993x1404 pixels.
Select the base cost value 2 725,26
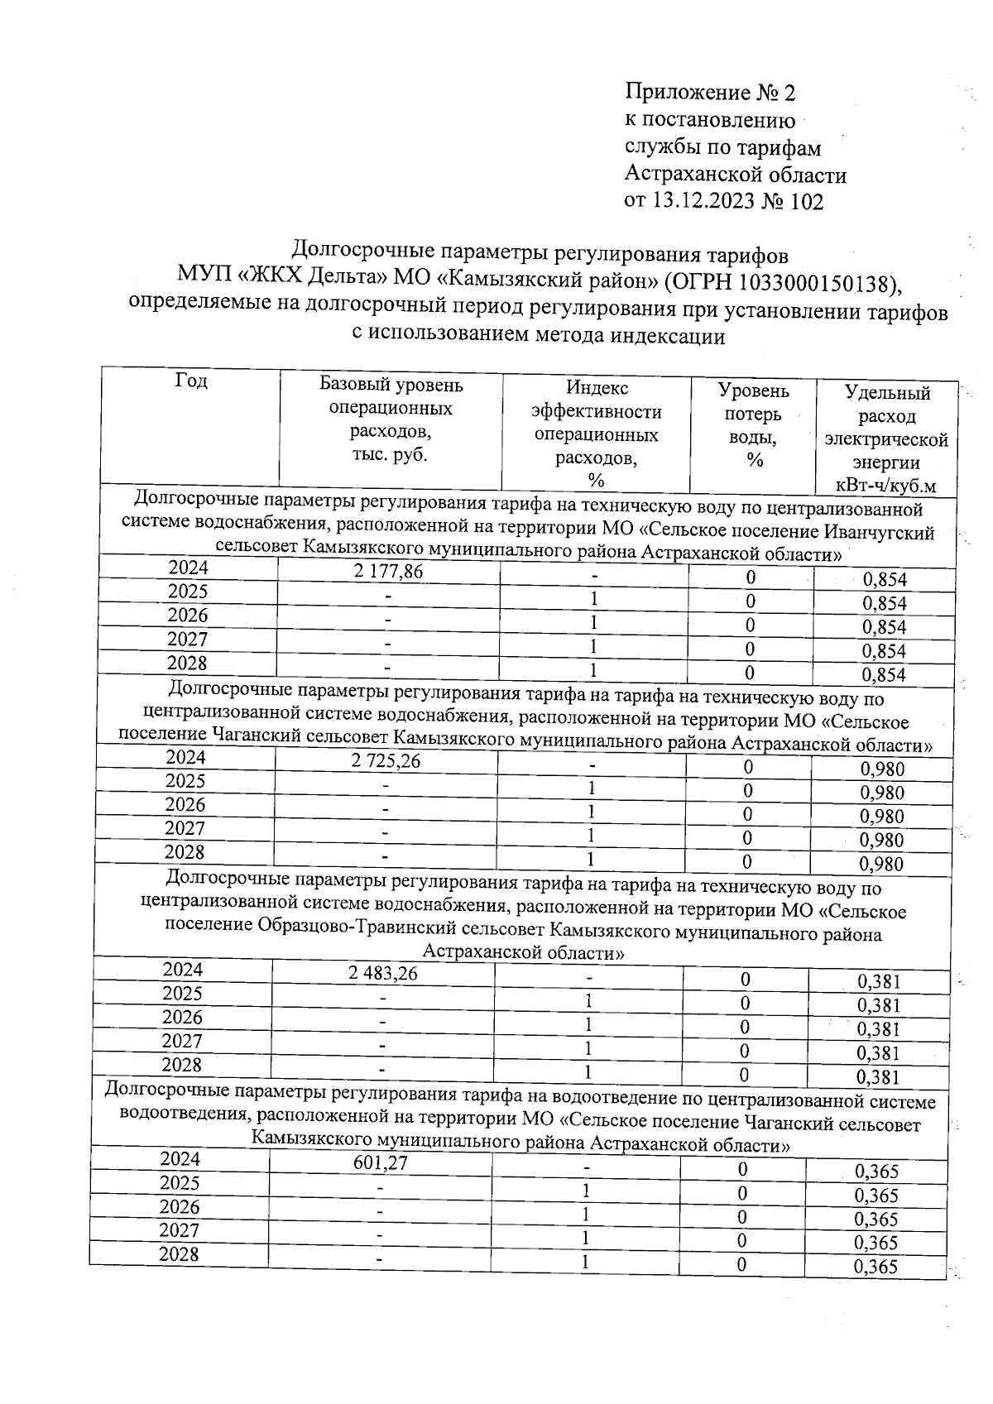[x=386, y=760]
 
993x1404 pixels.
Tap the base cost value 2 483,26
[x=383, y=974]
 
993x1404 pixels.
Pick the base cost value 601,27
[x=380, y=1163]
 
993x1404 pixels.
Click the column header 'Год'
[x=191, y=381]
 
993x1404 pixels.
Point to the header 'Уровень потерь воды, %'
[x=753, y=425]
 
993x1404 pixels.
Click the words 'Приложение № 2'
[x=709, y=92]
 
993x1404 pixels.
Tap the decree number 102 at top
[x=807, y=202]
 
